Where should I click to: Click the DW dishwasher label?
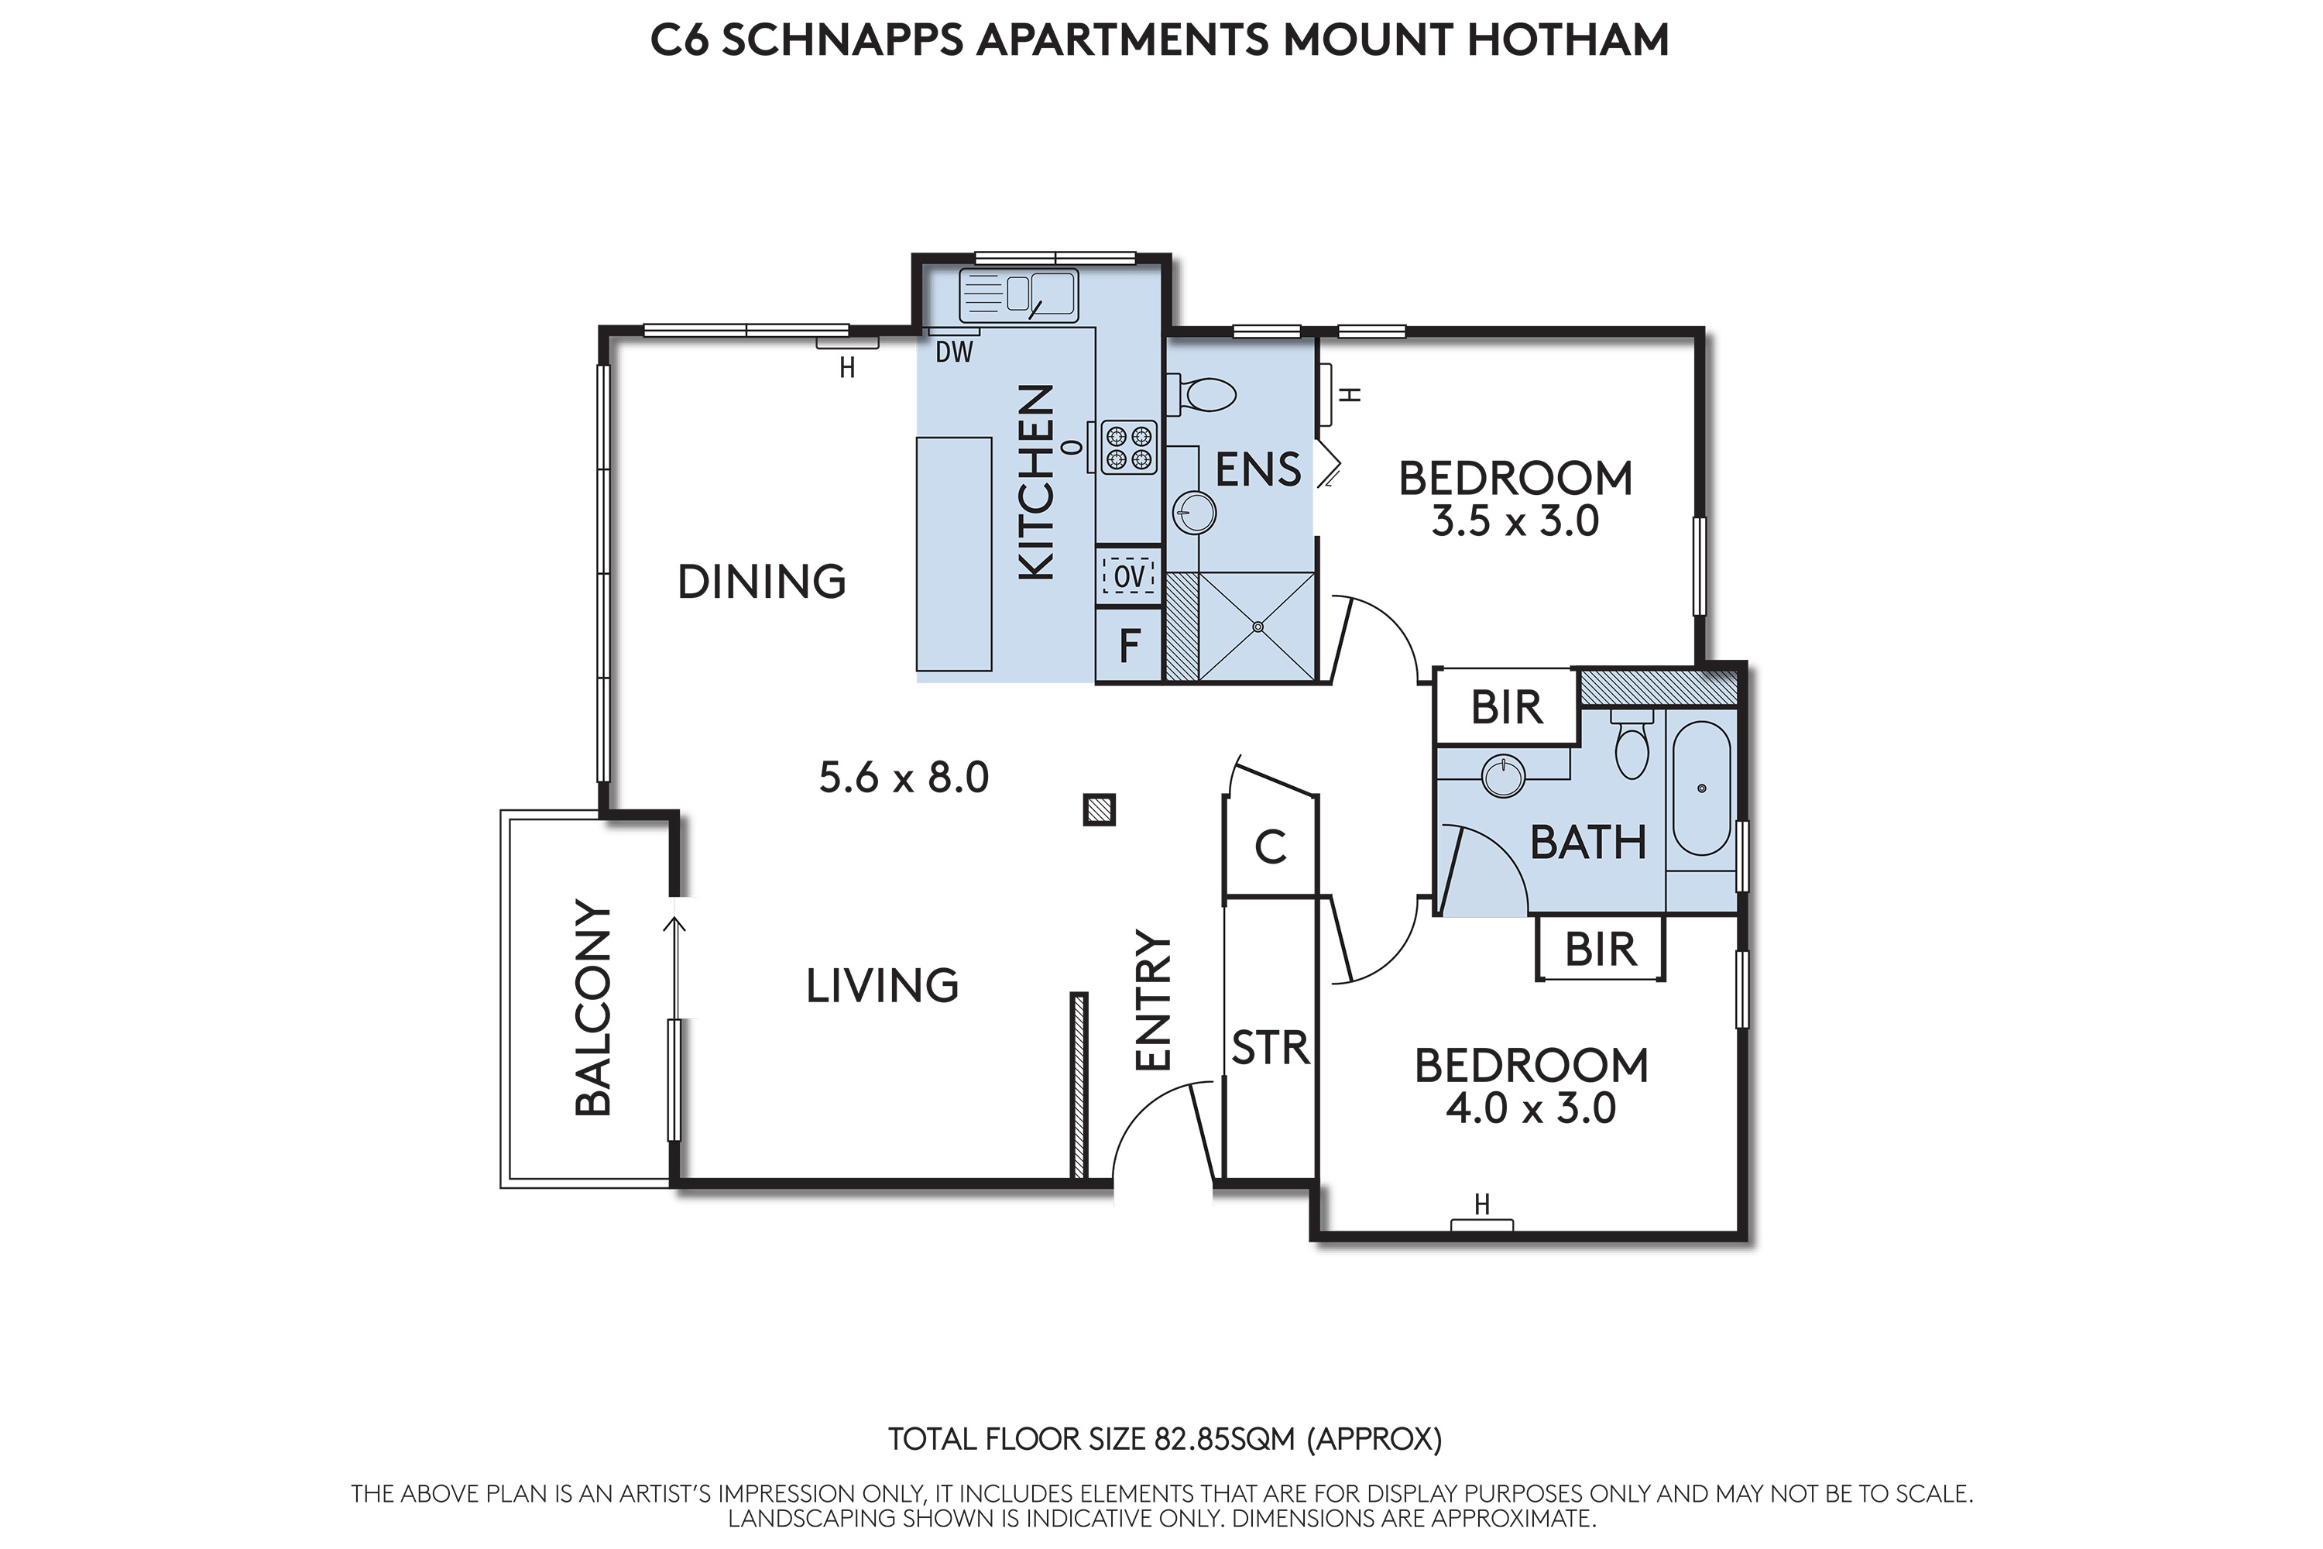[954, 352]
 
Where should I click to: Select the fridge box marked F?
[1129, 645]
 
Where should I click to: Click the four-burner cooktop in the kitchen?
[1129, 448]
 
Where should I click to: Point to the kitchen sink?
[1018, 295]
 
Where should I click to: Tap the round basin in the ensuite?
[1194, 513]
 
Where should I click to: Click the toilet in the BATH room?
[1631, 743]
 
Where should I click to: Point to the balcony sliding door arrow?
[674, 968]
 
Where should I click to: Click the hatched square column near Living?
[1100, 810]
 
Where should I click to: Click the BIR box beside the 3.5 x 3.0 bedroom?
[1506, 706]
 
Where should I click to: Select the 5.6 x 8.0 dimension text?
[904, 778]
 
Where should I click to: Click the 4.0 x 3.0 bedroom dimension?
[1531, 1108]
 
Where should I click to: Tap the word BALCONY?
[592, 1008]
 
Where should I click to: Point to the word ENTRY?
[1153, 1000]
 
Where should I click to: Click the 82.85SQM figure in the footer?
[1225, 1439]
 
